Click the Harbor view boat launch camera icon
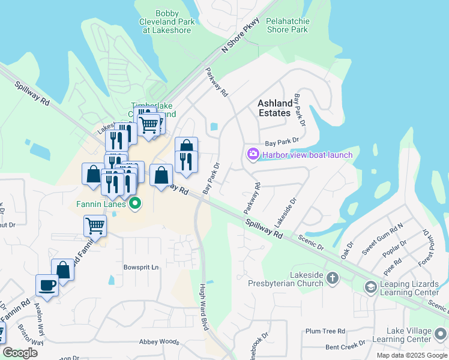(253, 155)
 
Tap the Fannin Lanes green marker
(135, 204)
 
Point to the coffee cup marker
(47, 285)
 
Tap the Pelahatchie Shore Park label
(288, 25)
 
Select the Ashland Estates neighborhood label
(275, 108)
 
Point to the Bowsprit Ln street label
(141, 266)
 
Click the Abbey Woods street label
(159, 342)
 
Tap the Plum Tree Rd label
(325, 331)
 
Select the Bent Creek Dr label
(345, 346)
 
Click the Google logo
(20, 353)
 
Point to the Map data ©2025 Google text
(411, 355)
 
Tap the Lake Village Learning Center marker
(441, 334)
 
